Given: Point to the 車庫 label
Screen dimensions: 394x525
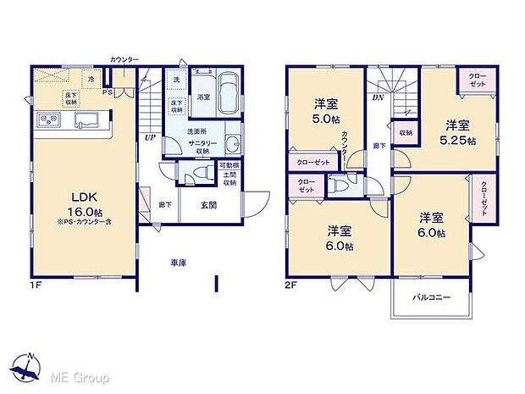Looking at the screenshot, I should [x=178, y=264].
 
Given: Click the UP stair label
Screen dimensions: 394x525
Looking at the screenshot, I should [x=149, y=136].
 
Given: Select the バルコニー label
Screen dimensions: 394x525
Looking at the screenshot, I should [x=431, y=297].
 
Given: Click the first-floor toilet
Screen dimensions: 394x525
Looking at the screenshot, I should [x=200, y=173].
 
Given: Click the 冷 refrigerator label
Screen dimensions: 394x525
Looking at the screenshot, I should [x=91, y=78].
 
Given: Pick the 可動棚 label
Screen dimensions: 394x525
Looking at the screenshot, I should [x=229, y=165].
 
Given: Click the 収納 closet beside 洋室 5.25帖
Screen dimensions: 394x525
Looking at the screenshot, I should [x=406, y=133].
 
